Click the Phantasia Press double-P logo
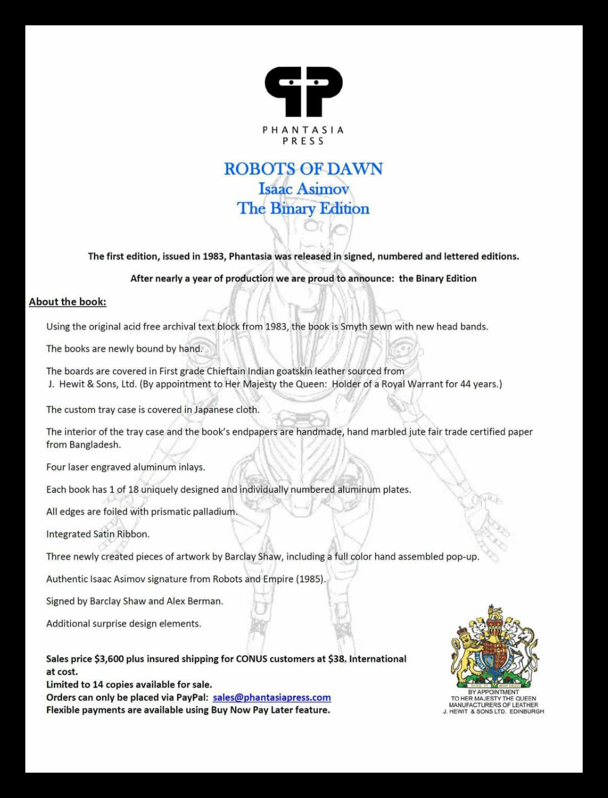303,91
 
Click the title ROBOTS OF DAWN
303,169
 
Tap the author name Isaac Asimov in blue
303,189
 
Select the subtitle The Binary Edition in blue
303,209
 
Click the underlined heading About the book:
68,302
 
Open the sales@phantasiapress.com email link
272,698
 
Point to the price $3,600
109,659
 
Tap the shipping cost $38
337,659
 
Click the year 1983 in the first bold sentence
213,257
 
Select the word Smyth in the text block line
354,327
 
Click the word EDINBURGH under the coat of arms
526,712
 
